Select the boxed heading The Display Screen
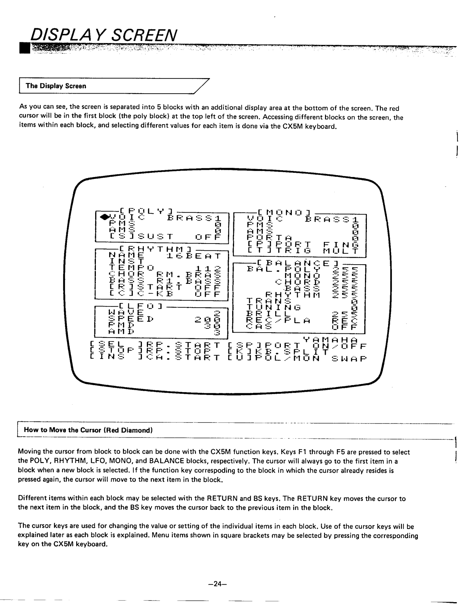coord(56,86)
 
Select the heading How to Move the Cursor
coord(88,430)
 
